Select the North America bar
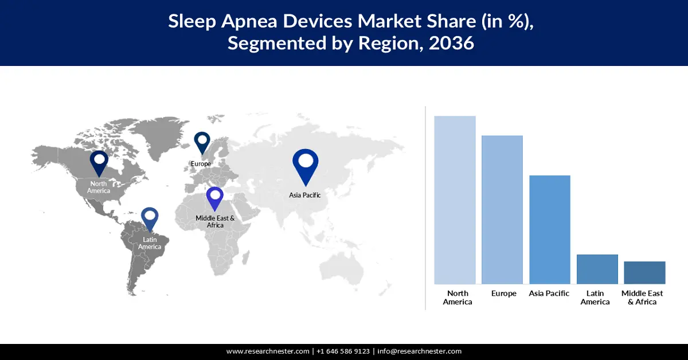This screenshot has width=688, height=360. [x=455, y=200]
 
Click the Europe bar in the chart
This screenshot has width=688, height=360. [x=502, y=210]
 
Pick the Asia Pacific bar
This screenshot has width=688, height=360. [x=550, y=230]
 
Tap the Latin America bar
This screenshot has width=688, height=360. [x=597, y=269]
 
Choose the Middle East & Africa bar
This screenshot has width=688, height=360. [x=644, y=273]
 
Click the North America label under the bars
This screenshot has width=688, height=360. [x=458, y=298]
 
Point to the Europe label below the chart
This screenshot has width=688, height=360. [x=504, y=294]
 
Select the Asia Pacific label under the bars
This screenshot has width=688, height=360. [x=549, y=294]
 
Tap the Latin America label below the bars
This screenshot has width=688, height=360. [x=595, y=298]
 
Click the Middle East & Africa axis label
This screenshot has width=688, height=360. [x=642, y=298]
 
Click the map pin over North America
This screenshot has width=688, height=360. [x=99, y=164]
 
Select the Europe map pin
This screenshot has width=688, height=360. [x=202, y=143]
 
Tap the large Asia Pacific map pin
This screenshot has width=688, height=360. [x=305, y=167]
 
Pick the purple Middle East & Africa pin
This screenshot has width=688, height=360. [x=214, y=199]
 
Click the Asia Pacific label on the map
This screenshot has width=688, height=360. [x=304, y=195]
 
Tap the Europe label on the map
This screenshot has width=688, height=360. [x=201, y=164]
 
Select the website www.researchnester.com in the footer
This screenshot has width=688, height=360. [x=268, y=351]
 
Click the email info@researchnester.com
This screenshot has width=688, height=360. [x=420, y=351]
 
